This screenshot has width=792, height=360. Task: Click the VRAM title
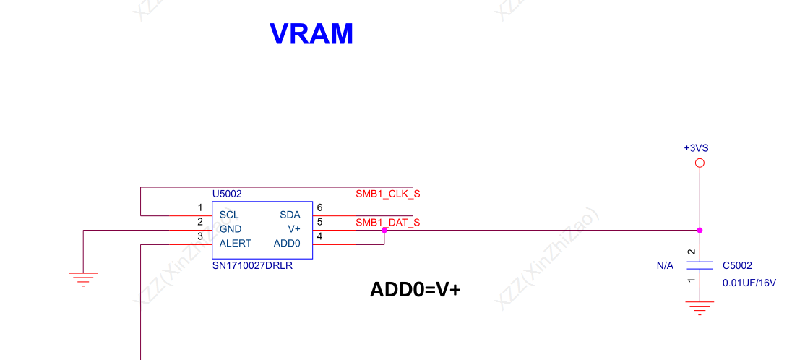tap(311, 34)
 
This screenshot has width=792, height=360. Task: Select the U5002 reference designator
tap(227, 194)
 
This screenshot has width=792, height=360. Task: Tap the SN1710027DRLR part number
tap(251, 265)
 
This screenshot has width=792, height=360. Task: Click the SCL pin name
tap(229, 215)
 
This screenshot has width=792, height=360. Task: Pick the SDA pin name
tap(290, 215)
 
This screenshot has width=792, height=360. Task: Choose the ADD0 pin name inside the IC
tap(287, 243)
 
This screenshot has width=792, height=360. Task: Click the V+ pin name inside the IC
tap(293, 228)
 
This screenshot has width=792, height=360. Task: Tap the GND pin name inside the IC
tap(231, 228)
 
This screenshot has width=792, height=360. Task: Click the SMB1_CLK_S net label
tap(387, 194)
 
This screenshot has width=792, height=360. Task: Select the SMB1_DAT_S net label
tap(387, 222)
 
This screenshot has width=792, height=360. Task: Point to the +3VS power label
tap(696, 147)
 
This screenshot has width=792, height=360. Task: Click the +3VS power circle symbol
tap(699, 163)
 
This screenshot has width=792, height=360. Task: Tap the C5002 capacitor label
tap(737, 266)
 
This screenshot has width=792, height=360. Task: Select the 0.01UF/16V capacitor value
tap(749, 283)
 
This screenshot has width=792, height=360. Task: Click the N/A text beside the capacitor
tap(665, 266)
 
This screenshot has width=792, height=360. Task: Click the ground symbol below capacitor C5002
tap(699, 309)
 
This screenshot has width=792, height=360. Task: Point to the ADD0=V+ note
tap(416, 290)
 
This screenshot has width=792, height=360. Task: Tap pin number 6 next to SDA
tap(319, 208)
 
